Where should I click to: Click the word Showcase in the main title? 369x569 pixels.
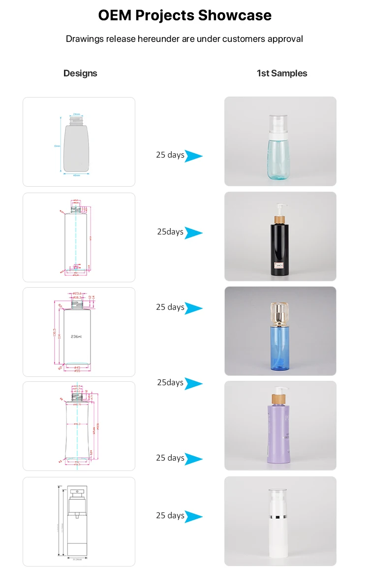point(235,15)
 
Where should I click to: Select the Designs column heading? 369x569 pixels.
point(80,73)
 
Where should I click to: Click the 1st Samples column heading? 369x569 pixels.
point(282,73)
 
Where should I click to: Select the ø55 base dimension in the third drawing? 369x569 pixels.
point(77,370)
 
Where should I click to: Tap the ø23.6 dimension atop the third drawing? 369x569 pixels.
point(77,294)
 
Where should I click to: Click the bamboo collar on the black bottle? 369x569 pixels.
point(280,218)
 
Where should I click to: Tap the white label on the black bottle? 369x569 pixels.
point(279,267)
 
